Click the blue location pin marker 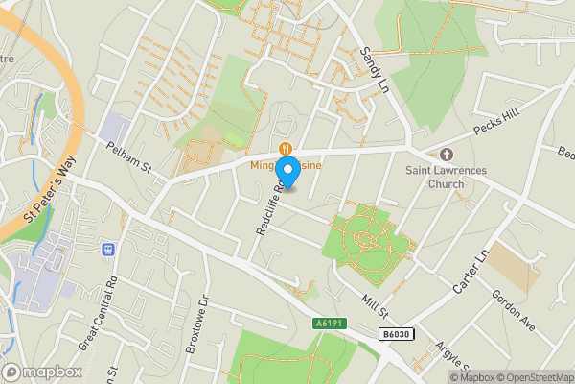click(287, 174)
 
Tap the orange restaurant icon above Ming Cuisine click(286, 148)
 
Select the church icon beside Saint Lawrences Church click(445, 155)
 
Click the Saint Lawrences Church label click(447, 179)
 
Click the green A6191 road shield click(326, 325)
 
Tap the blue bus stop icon click(107, 249)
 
